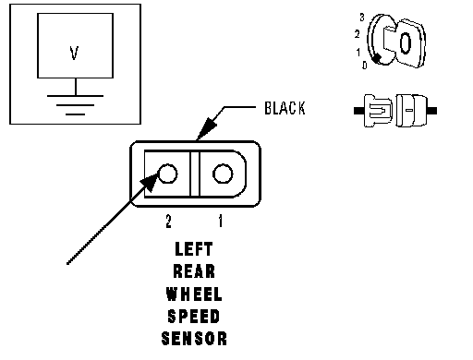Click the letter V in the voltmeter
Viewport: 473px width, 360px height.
click(74, 53)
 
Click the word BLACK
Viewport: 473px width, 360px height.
click(285, 108)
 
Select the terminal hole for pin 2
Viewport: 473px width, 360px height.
click(167, 174)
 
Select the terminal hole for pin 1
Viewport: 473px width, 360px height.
click(223, 174)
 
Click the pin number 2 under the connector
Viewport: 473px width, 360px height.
click(168, 221)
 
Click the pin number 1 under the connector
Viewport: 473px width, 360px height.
click(221, 221)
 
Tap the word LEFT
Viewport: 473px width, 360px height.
click(194, 249)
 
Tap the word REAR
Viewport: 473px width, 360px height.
click(194, 271)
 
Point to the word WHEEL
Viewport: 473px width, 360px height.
click(194, 294)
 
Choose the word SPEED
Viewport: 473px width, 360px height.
click(194, 317)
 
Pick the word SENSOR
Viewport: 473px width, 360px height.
click(194, 339)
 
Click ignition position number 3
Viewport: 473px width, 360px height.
click(362, 18)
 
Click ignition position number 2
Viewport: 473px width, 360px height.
click(358, 34)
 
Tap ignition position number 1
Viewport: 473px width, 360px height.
click(358, 53)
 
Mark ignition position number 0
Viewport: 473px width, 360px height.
click(365, 65)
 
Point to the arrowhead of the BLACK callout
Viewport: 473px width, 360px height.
click(207, 128)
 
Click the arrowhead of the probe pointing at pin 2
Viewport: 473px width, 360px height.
click(150, 183)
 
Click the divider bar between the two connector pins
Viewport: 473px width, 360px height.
click(194, 174)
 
